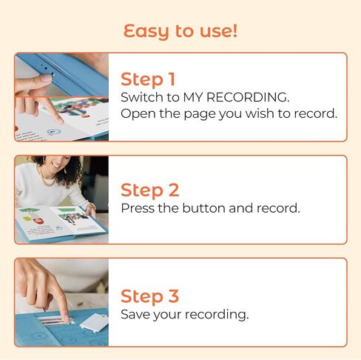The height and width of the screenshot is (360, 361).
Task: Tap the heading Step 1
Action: coord(149,79)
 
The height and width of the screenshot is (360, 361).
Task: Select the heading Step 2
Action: coord(149,190)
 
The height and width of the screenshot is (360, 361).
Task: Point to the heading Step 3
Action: coord(149,296)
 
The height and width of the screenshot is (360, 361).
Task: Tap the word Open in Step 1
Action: coord(137,113)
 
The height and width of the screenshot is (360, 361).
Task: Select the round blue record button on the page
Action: coord(53,131)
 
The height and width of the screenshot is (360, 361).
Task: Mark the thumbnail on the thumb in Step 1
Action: coord(45,77)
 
